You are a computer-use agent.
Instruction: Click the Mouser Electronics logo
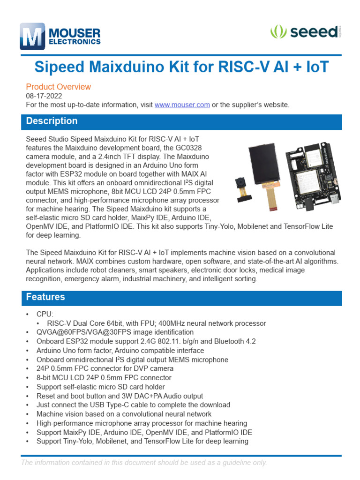[x=60, y=37]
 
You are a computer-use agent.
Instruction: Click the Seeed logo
[x=305, y=32]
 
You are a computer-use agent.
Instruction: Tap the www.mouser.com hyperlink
[x=182, y=105]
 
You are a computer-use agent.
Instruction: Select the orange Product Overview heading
[x=58, y=87]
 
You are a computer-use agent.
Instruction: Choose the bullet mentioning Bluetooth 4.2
[x=146, y=341]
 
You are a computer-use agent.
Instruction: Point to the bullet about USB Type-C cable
[x=133, y=405]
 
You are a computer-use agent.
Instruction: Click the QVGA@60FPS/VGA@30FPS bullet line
[x=115, y=332]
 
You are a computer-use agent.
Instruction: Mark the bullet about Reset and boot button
[x=120, y=396]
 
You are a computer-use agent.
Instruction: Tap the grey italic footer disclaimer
[x=143, y=463]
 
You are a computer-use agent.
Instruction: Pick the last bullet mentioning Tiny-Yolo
[x=142, y=441]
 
